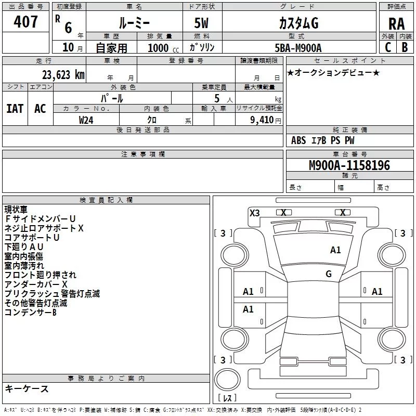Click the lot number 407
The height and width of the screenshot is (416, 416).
click(x=26, y=22)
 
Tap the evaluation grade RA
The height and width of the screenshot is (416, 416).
click(x=396, y=24)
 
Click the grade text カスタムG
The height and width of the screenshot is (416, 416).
click(x=298, y=23)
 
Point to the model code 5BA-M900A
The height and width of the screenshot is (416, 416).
click(x=298, y=48)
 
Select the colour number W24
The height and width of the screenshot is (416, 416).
click(x=86, y=120)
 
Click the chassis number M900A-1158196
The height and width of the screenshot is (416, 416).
click(x=349, y=165)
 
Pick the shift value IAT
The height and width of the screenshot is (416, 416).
click(x=15, y=108)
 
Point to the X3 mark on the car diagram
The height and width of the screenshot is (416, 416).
click(x=255, y=213)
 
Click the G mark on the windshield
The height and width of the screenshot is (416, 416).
click(x=328, y=274)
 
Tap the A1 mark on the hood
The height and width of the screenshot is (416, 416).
click(x=335, y=250)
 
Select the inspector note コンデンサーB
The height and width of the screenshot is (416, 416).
click(x=31, y=313)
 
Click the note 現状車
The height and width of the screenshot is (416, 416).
click(x=16, y=210)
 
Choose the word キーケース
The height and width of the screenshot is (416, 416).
click(x=27, y=389)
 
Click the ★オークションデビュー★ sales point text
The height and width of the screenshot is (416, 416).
click(x=333, y=72)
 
